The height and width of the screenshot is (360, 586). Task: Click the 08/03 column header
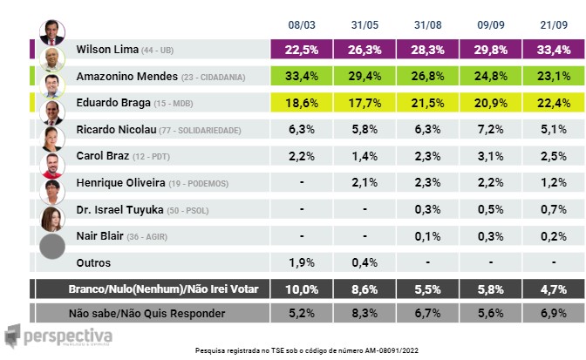pos(302,25)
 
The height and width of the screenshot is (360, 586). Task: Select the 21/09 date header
pos(554,25)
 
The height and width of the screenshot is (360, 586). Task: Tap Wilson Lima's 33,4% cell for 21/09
pos(554,50)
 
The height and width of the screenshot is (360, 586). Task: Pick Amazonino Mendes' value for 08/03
pos(302,76)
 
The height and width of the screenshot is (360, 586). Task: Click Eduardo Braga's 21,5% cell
pos(427,103)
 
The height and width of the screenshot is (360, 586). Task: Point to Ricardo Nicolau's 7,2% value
pos(491,129)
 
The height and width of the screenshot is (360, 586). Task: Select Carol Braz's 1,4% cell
pos(365,156)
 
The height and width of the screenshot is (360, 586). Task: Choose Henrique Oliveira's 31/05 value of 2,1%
pos(365,182)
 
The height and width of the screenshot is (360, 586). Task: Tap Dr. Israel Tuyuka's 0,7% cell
pos(554,209)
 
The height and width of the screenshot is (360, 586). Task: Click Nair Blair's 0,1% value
pos(427,236)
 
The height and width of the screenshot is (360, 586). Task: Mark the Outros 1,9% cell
pos(302,262)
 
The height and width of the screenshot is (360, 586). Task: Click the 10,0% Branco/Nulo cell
pos(302,289)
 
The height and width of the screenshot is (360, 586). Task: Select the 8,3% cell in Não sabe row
pos(365,313)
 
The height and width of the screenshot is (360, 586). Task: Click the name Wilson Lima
pos(107,50)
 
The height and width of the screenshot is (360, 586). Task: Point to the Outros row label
pos(93,263)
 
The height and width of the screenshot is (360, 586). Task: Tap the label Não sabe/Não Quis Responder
pos(146,313)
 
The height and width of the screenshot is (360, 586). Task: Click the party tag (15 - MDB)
pos(174,104)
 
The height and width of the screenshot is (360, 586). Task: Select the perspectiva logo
pos(58,336)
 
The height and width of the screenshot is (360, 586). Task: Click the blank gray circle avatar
pos(52,247)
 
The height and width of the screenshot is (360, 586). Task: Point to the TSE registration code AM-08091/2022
pos(392,350)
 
